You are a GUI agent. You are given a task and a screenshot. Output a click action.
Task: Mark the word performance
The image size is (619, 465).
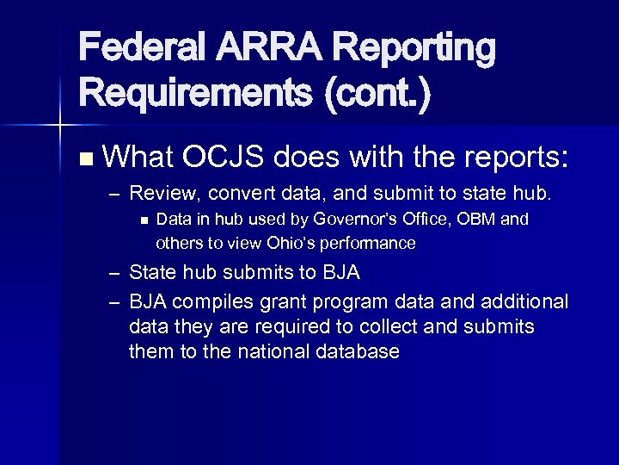pyautogui.click(x=369, y=244)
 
